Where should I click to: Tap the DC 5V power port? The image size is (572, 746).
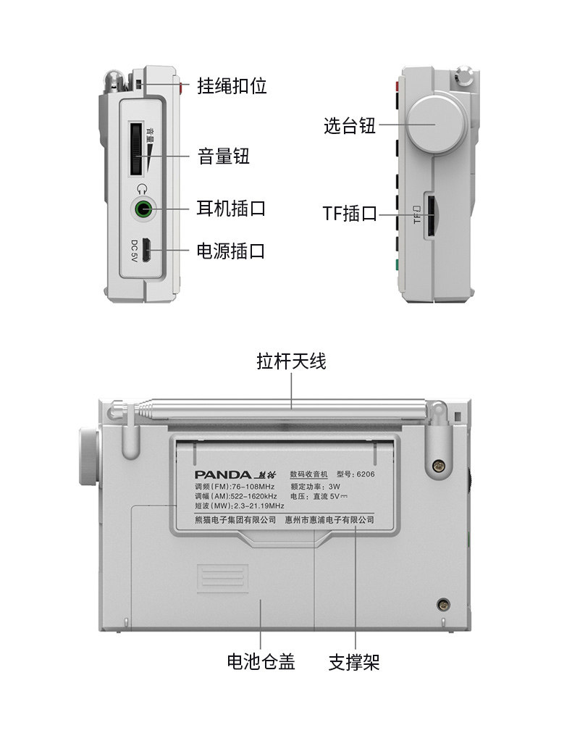(x=145, y=251)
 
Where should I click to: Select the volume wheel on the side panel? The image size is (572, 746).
(x=136, y=148)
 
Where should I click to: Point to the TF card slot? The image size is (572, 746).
(x=429, y=215)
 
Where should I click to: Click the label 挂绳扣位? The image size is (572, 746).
(x=232, y=86)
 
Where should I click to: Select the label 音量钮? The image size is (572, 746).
(x=224, y=156)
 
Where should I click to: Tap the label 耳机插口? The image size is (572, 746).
(x=232, y=209)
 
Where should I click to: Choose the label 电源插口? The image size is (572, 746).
(x=232, y=251)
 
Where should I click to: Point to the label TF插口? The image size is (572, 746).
(x=350, y=214)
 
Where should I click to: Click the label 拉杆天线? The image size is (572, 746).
(x=292, y=361)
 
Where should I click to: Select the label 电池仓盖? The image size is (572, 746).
(x=261, y=661)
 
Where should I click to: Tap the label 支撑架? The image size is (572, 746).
(x=355, y=661)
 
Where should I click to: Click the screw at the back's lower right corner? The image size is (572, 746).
(x=442, y=605)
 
